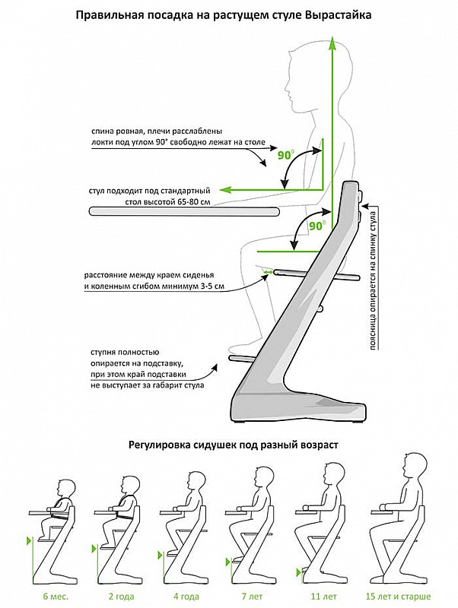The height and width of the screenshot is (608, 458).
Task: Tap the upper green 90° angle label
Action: point(286,155)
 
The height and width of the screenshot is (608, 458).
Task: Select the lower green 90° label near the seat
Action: point(316,226)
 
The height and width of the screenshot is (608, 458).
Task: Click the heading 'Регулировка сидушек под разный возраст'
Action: point(230,443)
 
